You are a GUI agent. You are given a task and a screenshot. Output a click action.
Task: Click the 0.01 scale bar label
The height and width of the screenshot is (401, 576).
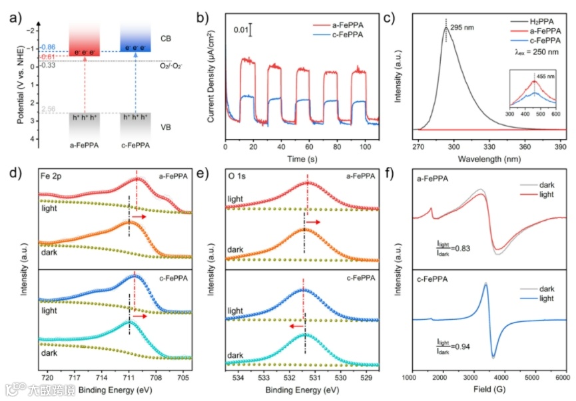[242, 30]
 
